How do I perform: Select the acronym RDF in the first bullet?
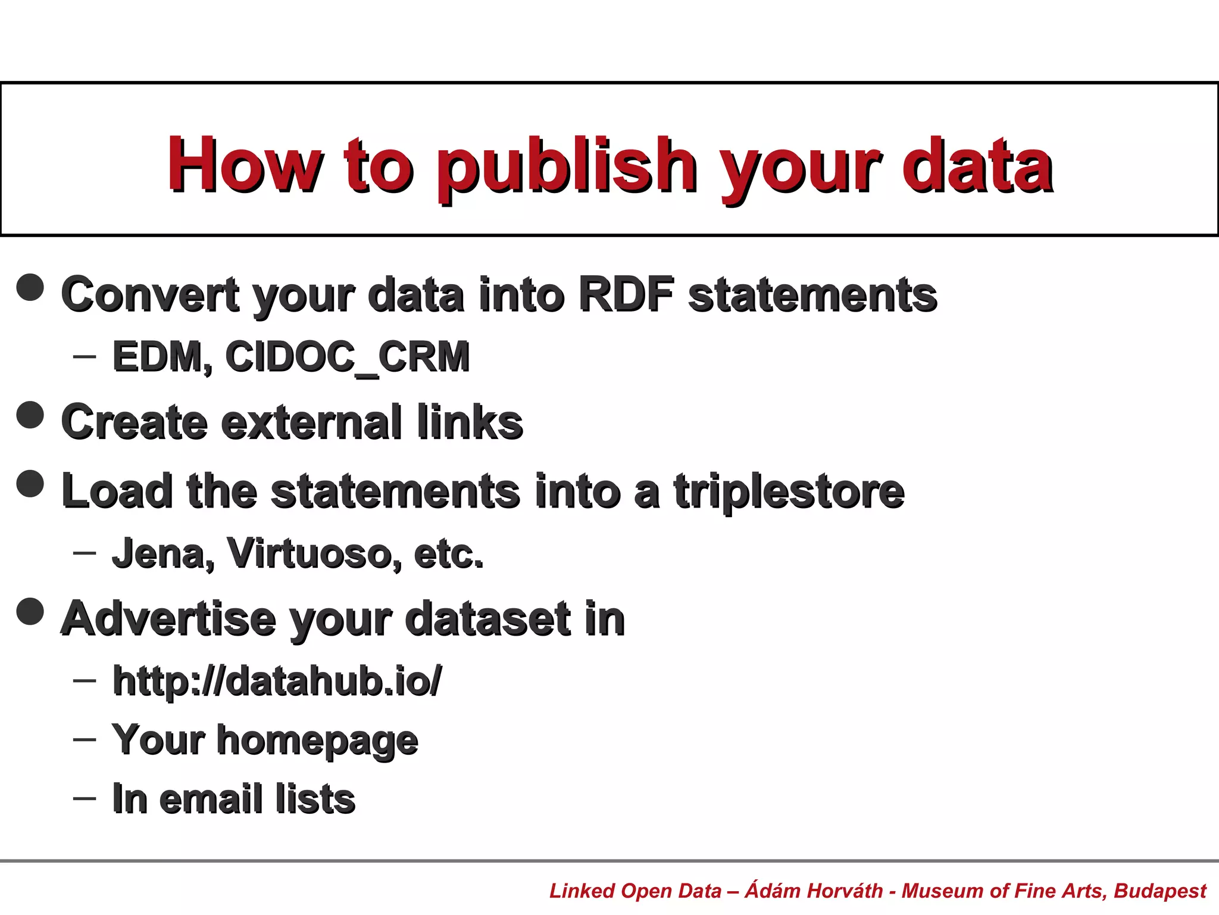tap(626, 294)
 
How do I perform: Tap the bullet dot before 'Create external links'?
tap(30, 415)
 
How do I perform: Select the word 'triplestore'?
tap(789, 492)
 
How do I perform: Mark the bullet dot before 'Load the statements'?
tap(30, 483)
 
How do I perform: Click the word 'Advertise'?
tap(168, 618)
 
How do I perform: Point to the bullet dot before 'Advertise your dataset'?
tap(30, 611)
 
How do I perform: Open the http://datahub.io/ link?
tap(277, 681)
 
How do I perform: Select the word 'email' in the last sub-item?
tap(211, 799)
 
